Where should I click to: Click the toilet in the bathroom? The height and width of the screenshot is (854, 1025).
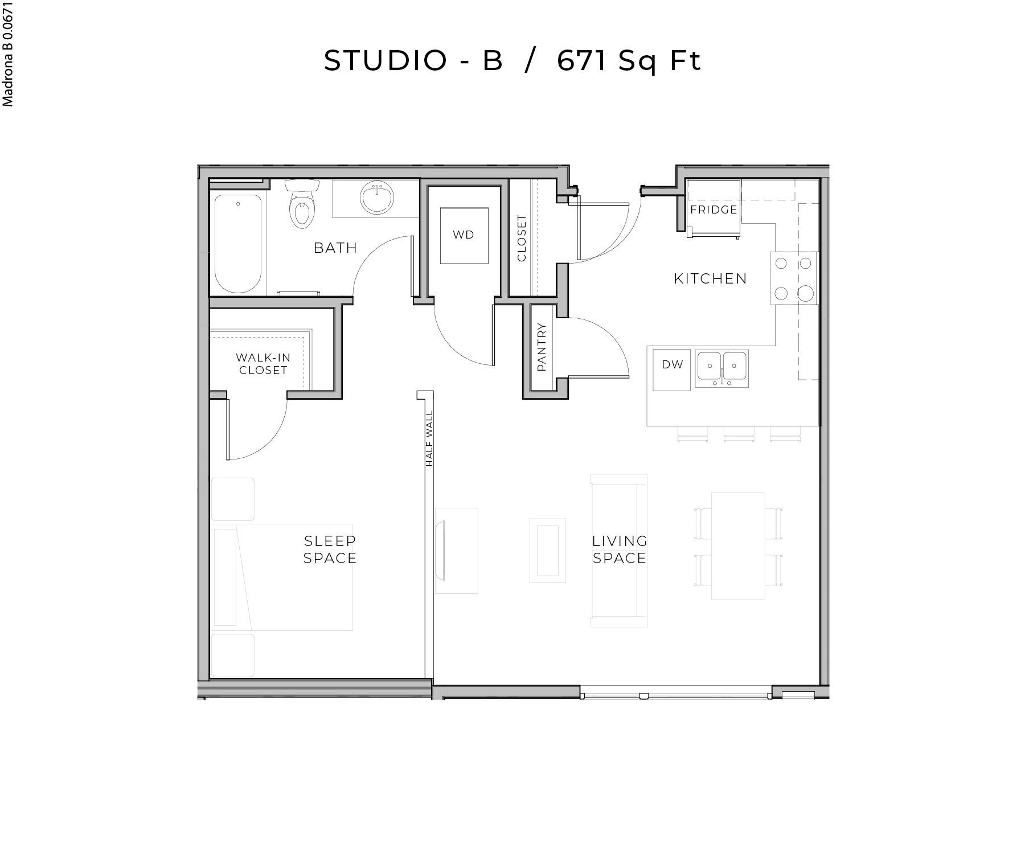click(x=301, y=207)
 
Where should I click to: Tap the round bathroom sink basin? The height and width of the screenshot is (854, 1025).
click(x=377, y=198)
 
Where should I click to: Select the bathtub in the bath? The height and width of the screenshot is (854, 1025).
click(x=238, y=244)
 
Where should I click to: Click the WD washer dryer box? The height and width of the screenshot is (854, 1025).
click(x=464, y=235)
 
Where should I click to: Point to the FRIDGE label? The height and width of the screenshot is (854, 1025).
click(x=714, y=210)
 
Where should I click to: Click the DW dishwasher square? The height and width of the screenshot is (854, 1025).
click(x=672, y=369)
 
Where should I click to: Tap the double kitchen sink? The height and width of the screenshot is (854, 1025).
click(x=721, y=368)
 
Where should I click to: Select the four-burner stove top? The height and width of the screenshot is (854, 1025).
click(x=794, y=278)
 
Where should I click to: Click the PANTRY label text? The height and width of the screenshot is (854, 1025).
click(x=542, y=347)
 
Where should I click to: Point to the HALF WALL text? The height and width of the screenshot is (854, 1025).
click(x=429, y=438)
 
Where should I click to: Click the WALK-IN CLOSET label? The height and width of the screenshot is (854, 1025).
click(x=263, y=364)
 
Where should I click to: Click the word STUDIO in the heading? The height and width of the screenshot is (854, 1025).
click(x=385, y=61)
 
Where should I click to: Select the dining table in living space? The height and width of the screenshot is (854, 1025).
click(x=738, y=545)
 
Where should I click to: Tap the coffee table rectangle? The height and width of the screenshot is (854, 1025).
click(x=547, y=550)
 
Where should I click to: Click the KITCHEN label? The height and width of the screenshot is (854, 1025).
click(x=710, y=278)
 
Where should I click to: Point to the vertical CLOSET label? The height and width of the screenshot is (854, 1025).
click(x=522, y=238)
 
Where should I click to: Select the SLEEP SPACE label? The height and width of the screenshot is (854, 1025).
click(x=330, y=549)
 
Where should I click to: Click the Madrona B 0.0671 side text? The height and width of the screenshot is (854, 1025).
click(x=8, y=54)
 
